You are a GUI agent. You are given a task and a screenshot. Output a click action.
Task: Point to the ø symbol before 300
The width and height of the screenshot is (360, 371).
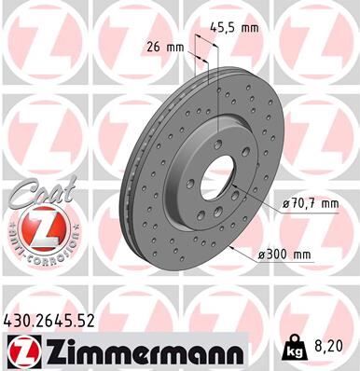click(265, 251)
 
